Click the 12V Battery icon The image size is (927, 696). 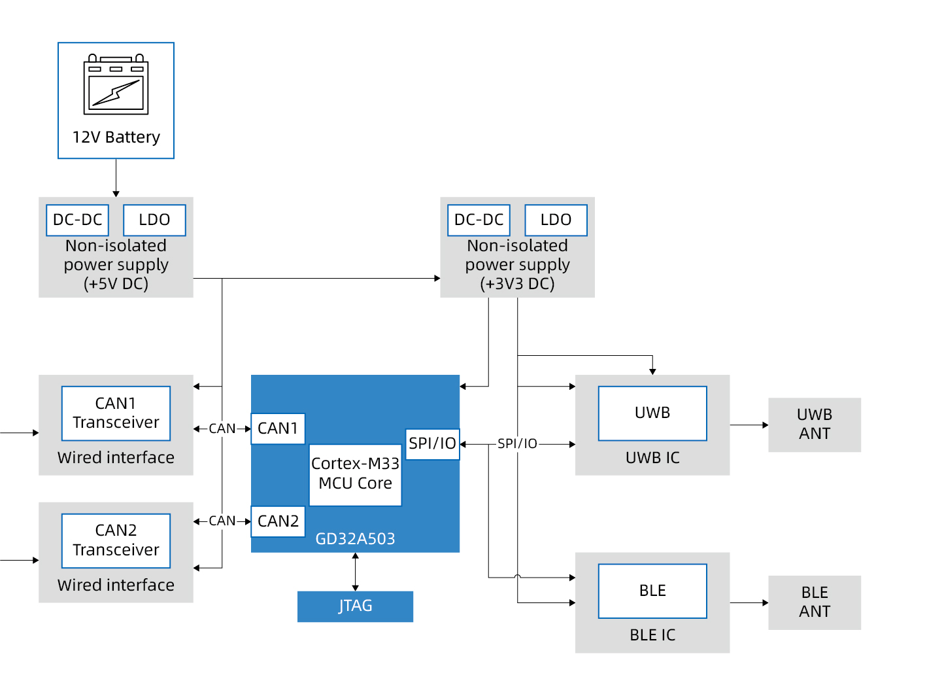pos(116,85)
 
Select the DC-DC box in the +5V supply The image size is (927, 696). pos(77,220)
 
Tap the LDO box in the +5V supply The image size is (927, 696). pos(154,220)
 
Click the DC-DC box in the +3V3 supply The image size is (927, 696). pos(479,220)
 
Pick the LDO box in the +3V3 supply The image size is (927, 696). pos(556,220)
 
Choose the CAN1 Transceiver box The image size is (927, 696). pos(116,413)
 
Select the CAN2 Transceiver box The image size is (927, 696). pos(116,540)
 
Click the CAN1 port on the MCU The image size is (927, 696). pos(278,428)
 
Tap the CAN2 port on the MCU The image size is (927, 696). pos(278,521)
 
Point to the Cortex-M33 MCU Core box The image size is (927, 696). pos(355,474)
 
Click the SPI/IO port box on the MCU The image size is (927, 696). pos(432,444)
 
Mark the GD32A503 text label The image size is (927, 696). pos(355,539)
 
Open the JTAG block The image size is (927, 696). pos(355,606)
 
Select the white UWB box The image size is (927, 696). pos(652,413)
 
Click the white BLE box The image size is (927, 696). pos(652,591)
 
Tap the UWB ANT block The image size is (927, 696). pos(815,425)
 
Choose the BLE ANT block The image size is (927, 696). pos(815,602)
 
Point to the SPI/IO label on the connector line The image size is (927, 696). pos(517,444)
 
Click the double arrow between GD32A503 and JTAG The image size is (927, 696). pos(355,572)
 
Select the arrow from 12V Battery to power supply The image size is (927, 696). pos(116,178)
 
